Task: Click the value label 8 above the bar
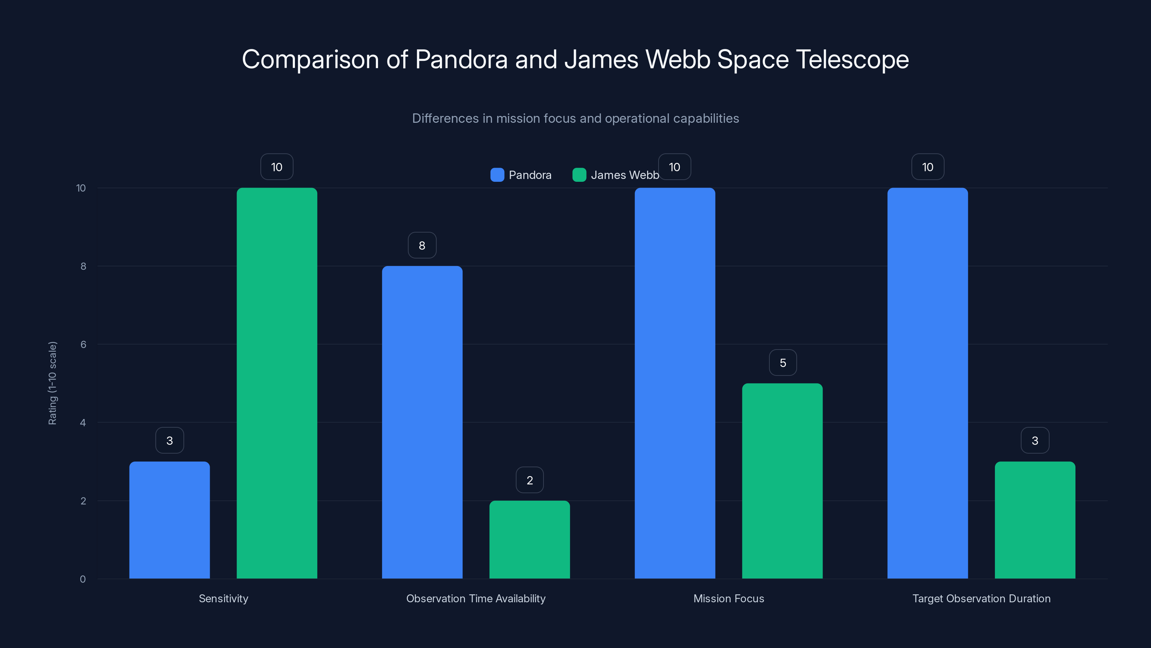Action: point(422,245)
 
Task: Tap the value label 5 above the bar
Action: point(782,363)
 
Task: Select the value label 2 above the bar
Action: point(529,480)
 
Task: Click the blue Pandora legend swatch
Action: point(497,175)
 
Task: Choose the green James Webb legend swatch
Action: point(579,175)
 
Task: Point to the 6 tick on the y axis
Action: point(83,345)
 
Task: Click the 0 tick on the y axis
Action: point(83,579)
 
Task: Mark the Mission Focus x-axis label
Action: point(728,598)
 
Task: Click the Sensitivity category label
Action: point(223,598)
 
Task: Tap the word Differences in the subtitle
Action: point(445,118)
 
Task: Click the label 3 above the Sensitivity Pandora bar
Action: point(169,441)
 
